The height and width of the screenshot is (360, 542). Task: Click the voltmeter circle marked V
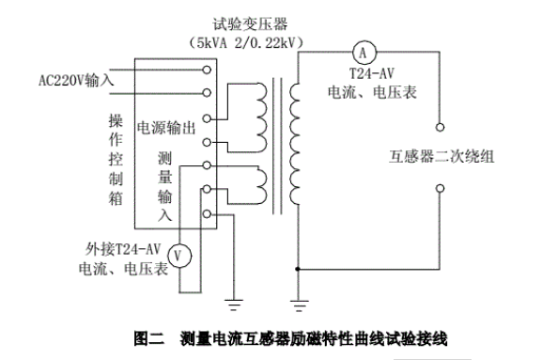(x=184, y=253)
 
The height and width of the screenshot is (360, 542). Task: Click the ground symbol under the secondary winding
(x=299, y=303)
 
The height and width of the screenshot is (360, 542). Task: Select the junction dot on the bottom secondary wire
(x=299, y=270)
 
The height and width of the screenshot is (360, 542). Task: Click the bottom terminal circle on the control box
(x=208, y=215)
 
